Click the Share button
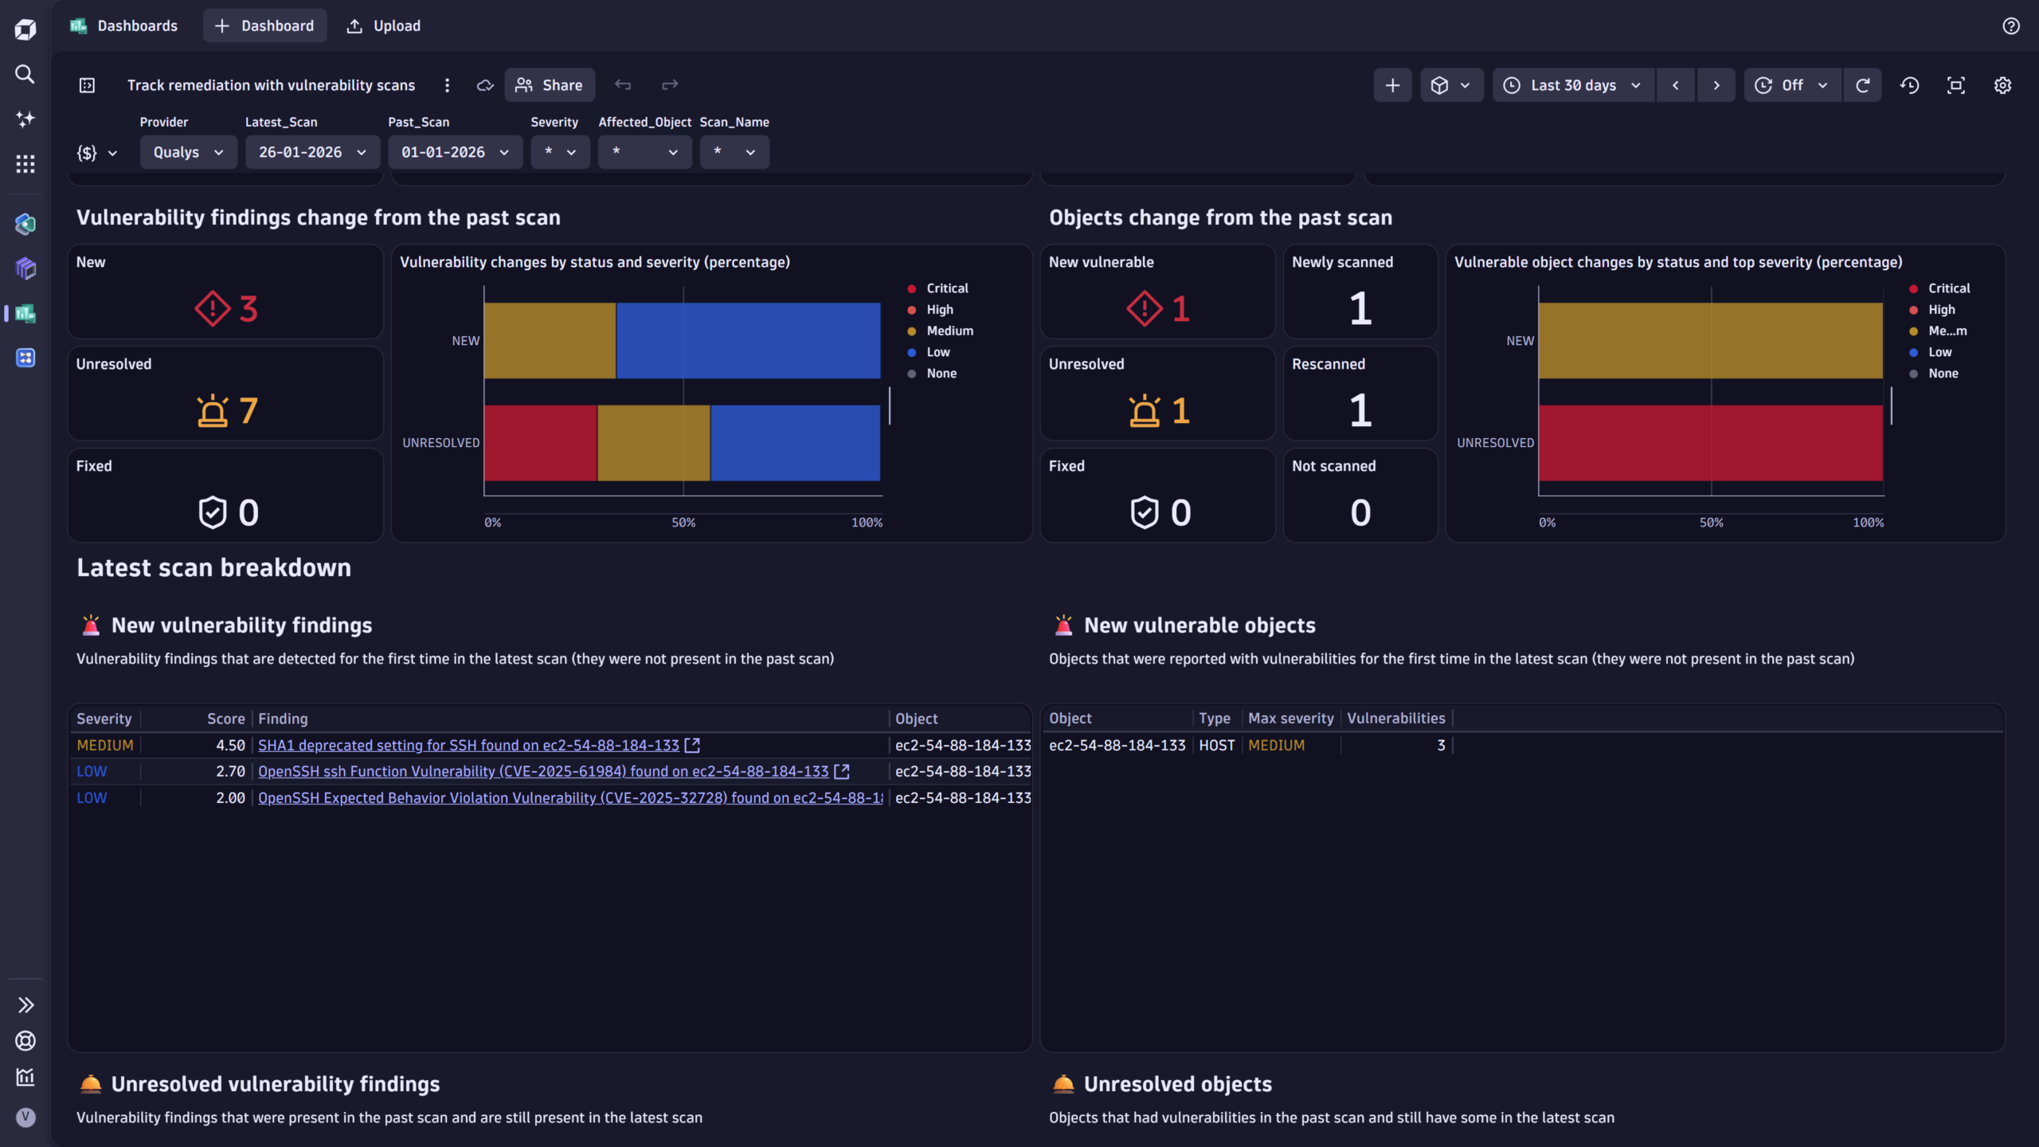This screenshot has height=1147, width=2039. (x=550, y=85)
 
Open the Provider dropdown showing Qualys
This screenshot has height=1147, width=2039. (x=188, y=152)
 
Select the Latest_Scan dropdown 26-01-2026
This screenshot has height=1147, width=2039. (x=312, y=152)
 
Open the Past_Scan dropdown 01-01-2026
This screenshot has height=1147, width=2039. (x=455, y=152)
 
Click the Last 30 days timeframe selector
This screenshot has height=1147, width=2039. (x=1573, y=85)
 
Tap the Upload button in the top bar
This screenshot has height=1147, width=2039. (x=384, y=26)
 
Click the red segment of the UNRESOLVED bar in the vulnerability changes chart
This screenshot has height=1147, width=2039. (x=540, y=443)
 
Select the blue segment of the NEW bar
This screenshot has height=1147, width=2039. (x=748, y=340)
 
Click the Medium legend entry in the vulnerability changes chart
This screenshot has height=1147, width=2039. (x=949, y=331)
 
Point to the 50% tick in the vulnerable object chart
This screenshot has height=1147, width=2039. (x=1711, y=523)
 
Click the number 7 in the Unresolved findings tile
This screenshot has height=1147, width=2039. (x=249, y=411)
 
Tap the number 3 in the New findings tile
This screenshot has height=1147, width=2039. (x=249, y=309)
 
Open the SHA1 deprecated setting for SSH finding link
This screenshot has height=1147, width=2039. (x=468, y=746)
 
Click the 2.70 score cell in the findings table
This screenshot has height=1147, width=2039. (x=230, y=772)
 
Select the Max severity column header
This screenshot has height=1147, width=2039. (x=1290, y=718)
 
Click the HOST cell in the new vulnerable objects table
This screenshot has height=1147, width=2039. (x=1216, y=746)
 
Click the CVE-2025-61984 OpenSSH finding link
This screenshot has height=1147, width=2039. (x=543, y=772)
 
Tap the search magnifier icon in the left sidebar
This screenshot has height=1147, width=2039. (x=25, y=74)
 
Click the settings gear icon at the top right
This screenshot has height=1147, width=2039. (x=2002, y=85)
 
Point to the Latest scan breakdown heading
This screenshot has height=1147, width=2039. (x=213, y=568)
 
